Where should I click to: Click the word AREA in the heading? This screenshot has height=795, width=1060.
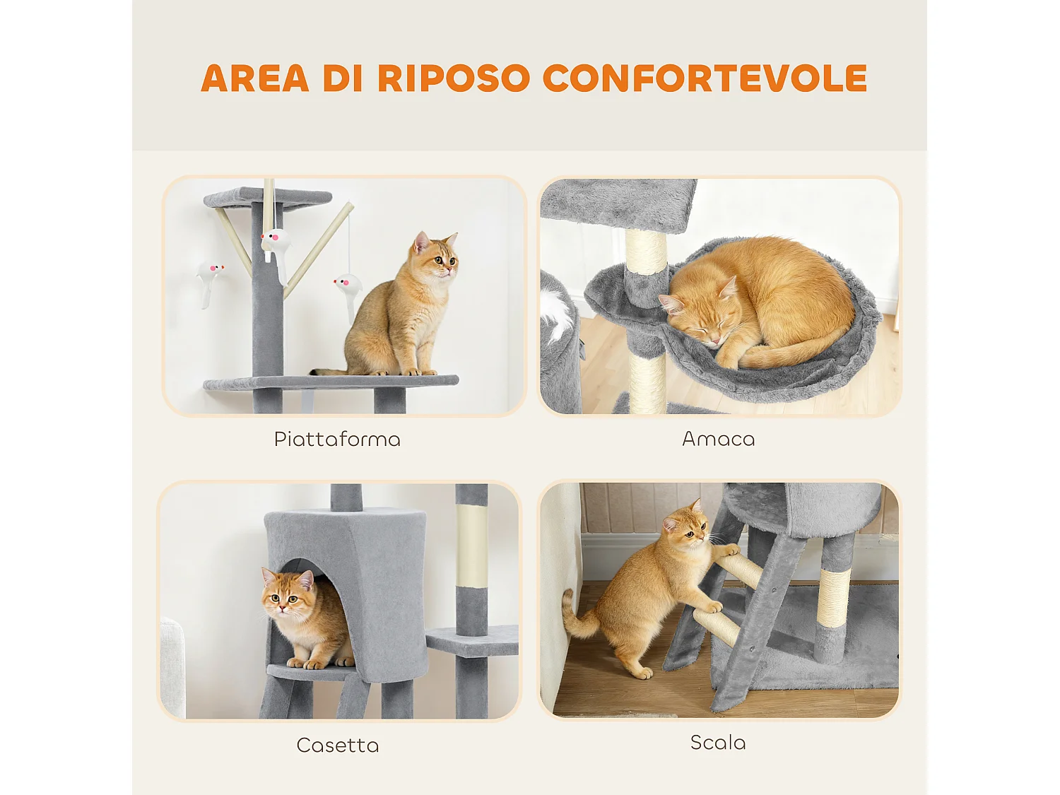[x=254, y=78]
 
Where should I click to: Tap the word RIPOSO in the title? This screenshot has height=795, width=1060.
[x=453, y=78]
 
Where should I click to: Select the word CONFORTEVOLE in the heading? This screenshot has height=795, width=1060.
[x=705, y=78]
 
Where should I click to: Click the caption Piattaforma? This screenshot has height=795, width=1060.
[x=337, y=440]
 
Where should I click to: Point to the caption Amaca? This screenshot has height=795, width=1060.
[x=718, y=439]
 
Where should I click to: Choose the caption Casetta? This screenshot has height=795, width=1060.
[x=338, y=746]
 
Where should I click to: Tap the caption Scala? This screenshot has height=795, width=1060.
[x=718, y=743]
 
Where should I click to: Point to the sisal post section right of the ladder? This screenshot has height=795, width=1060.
[x=834, y=598]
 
